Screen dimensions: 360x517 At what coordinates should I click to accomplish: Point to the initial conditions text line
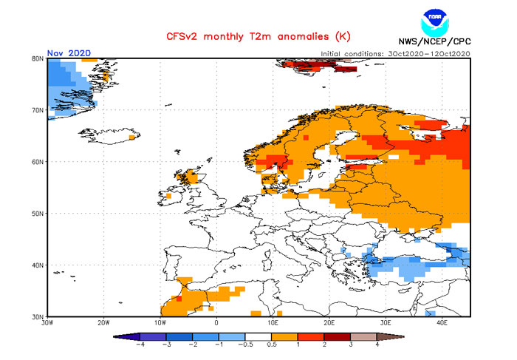[x=396, y=54]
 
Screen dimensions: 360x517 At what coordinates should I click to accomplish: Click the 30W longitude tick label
[x=48, y=323]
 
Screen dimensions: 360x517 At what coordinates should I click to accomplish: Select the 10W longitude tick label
[x=160, y=323]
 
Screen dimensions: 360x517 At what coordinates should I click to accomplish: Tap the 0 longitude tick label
[x=216, y=323]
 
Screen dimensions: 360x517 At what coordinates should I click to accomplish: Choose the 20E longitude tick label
[x=329, y=323]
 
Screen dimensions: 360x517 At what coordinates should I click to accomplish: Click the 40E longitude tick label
[x=442, y=323]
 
